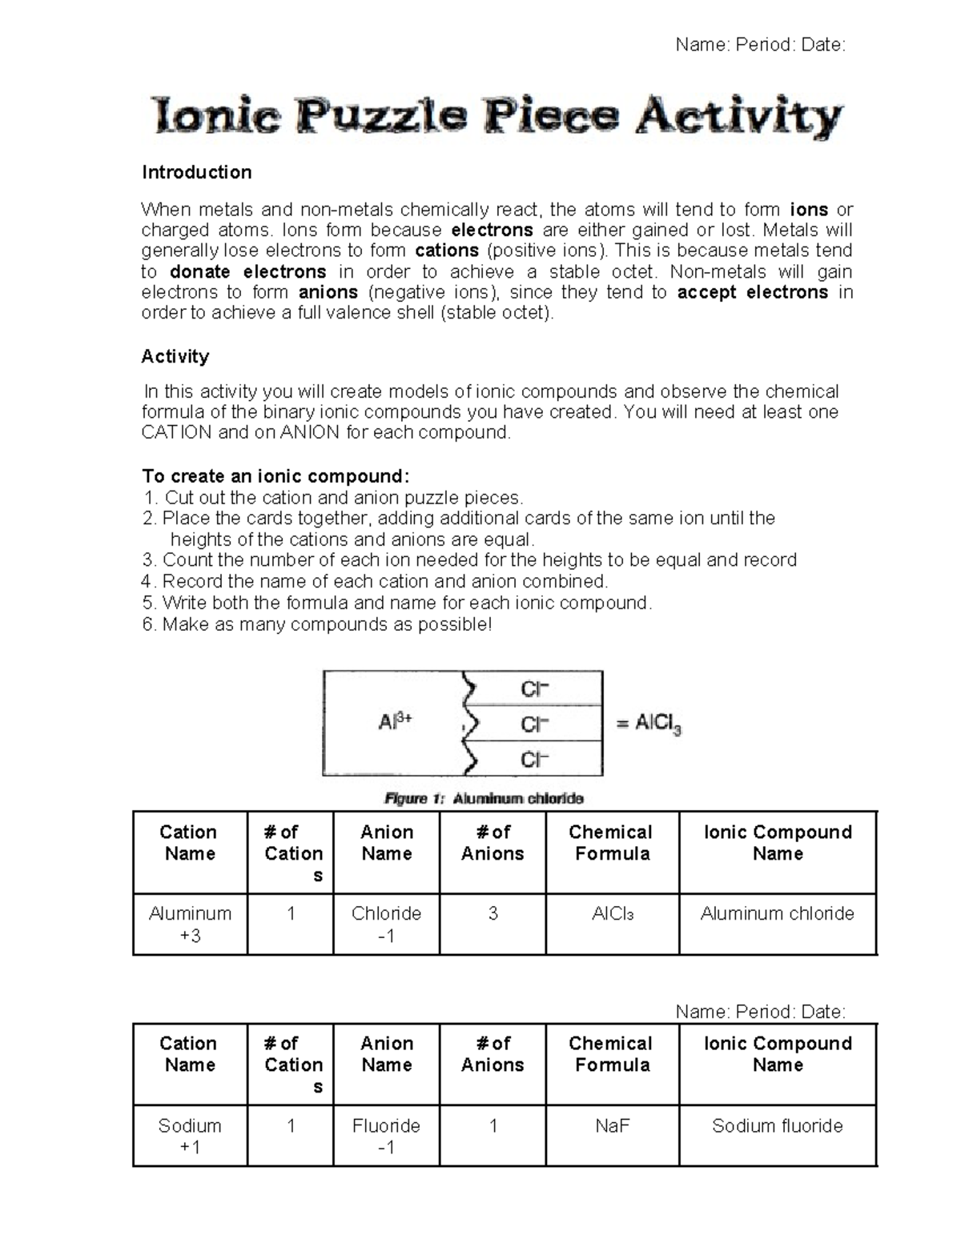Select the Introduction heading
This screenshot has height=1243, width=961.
(x=196, y=172)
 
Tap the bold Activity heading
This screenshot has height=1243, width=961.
(x=175, y=356)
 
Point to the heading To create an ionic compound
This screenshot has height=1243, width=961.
(x=275, y=476)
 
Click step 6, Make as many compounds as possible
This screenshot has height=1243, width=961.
(x=316, y=624)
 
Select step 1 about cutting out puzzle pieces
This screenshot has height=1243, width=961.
(x=332, y=497)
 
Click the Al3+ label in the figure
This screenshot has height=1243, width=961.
(x=395, y=722)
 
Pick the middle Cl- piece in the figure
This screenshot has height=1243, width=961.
(x=534, y=724)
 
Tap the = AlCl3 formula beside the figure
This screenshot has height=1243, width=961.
(x=649, y=724)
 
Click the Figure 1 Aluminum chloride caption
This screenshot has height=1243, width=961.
(x=484, y=798)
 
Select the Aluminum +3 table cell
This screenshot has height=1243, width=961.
(x=190, y=924)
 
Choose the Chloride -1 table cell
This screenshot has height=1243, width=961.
(x=386, y=924)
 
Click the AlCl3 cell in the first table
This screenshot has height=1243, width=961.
(x=612, y=913)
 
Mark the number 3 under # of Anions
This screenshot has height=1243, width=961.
(x=493, y=913)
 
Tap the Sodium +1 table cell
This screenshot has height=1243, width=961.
(x=190, y=1136)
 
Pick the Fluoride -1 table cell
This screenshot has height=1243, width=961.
(x=386, y=1136)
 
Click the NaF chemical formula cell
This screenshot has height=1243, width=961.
(x=612, y=1126)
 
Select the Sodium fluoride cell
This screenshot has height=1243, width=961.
(x=777, y=1126)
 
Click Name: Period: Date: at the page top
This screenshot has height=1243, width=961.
(x=760, y=45)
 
